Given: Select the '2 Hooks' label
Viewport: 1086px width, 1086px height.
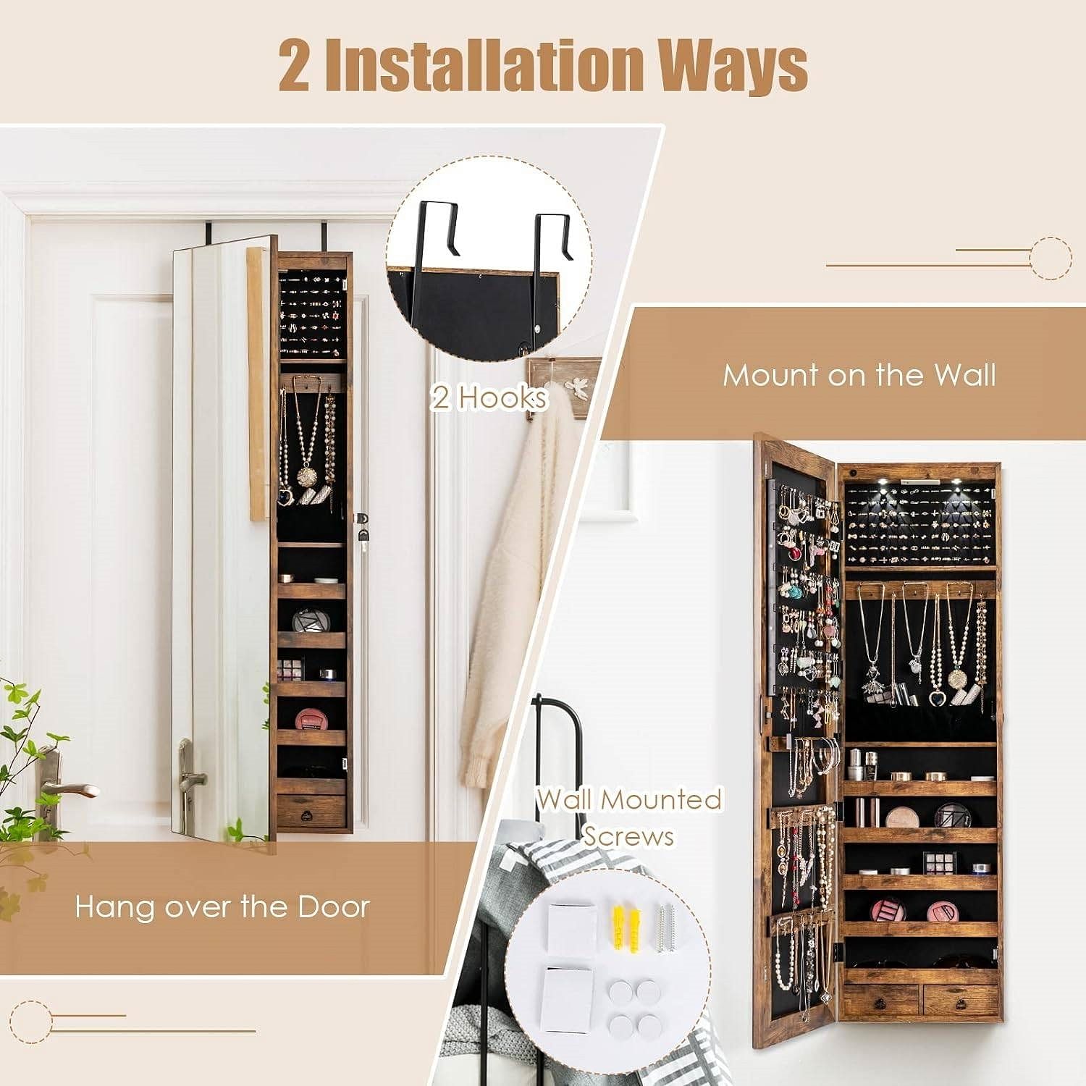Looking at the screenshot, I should (489, 397).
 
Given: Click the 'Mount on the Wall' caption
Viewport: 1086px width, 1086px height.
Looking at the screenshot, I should (859, 375).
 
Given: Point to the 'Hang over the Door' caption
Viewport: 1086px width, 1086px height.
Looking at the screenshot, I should (222, 906).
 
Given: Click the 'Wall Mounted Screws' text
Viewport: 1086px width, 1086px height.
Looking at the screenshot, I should (628, 817).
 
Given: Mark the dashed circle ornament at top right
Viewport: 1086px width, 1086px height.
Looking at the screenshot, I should (1050, 257).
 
